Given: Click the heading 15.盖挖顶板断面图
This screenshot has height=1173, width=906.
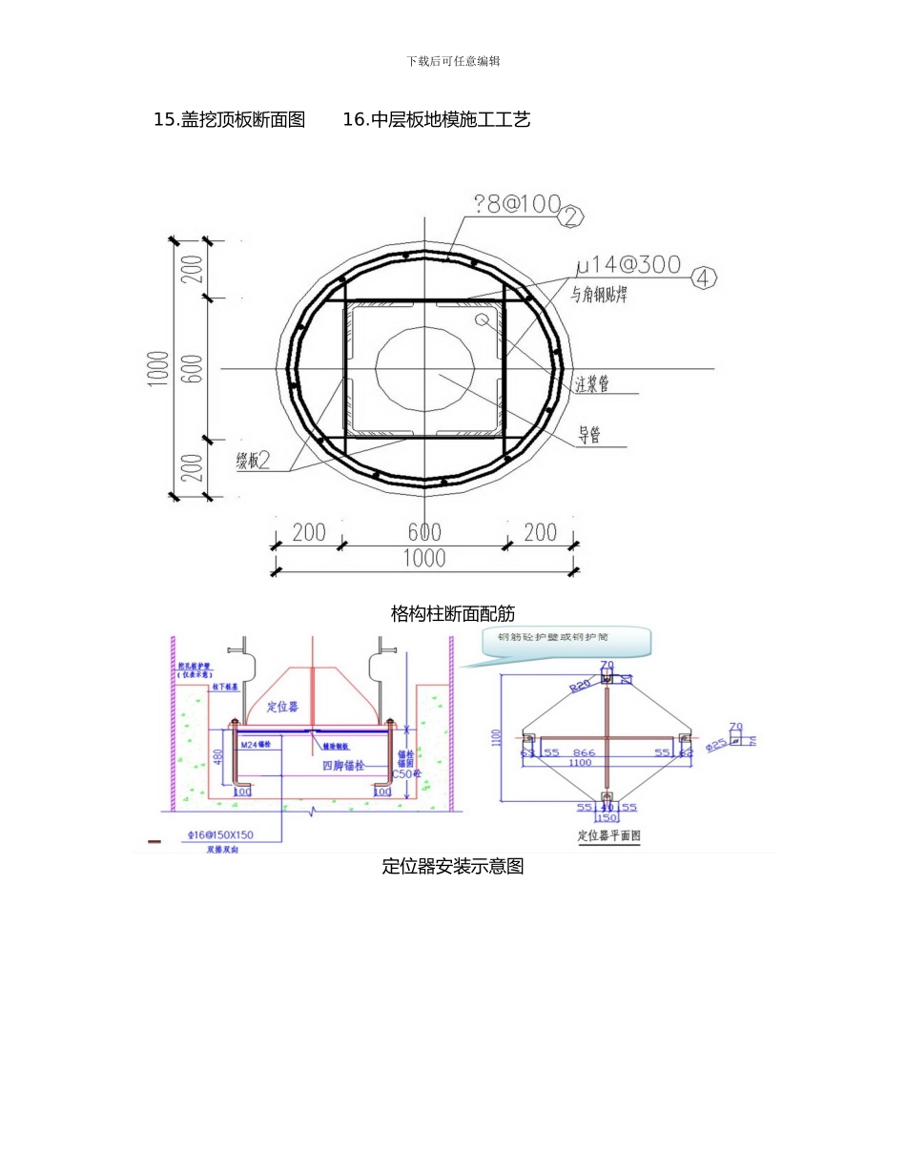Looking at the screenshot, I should [229, 120].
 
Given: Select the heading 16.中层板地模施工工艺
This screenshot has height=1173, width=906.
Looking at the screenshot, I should [436, 120].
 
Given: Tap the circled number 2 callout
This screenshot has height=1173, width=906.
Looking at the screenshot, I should [569, 216].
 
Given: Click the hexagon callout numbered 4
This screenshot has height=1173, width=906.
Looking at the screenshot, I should [703, 278].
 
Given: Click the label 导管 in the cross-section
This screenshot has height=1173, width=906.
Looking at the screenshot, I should [589, 437].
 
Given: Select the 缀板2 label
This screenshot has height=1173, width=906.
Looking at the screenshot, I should [253, 461].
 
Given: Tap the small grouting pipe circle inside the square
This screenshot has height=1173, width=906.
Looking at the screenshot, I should [483, 318].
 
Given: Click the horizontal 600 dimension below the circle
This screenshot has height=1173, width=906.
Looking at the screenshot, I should [424, 532].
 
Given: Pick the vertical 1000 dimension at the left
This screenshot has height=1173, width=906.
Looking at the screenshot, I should [159, 369].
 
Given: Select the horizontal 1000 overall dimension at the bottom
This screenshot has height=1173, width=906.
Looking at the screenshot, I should [424, 558].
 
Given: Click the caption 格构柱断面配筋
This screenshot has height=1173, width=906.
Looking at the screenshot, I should [453, 613].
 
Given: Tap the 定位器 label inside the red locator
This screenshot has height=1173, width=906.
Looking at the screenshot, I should [282, 707].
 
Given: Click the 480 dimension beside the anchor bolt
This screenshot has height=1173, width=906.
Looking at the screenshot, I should [218, 757].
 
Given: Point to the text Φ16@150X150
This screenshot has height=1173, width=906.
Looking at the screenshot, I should [221, 834].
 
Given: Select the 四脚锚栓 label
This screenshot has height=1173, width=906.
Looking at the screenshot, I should [344, 766].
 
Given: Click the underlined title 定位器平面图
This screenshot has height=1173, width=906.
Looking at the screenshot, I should [608, 835].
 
